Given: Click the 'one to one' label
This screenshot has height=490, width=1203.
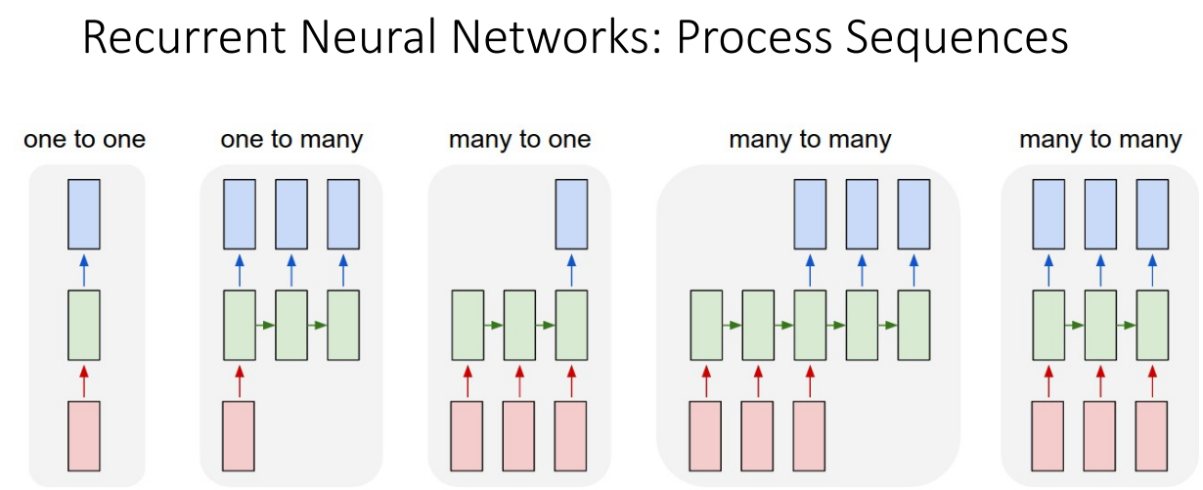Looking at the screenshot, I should coord(84,140).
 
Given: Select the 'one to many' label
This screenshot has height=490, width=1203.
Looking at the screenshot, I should coord(290,140).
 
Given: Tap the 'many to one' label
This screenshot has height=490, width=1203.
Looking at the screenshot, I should coord(519,140).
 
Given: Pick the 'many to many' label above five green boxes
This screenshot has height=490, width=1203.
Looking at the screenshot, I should coord(810,140).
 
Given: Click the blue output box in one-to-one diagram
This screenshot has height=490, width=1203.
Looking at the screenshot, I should coord(83,214).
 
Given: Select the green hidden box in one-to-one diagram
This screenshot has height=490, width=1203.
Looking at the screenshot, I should coord(83,325).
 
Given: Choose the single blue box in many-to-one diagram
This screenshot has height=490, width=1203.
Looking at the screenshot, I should coord(571,214).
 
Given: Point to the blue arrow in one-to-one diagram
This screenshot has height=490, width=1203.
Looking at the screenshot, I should coord(83,270).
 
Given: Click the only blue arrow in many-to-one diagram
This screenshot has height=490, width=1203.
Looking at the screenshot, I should coord(571,270).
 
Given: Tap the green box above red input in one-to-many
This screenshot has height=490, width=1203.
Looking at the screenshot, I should coord(239,325).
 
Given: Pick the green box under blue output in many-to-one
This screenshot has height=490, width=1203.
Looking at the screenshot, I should coord(571,325).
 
